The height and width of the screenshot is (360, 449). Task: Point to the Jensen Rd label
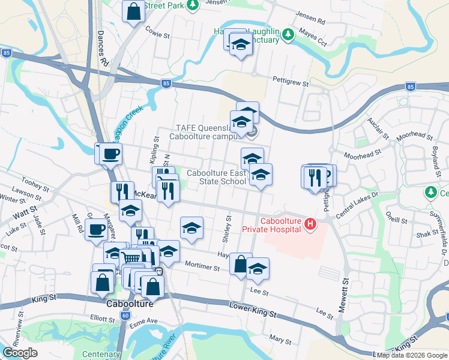[312, 21]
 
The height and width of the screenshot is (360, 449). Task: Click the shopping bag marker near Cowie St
[133, 11]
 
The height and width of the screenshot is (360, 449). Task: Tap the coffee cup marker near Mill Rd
[95, 229]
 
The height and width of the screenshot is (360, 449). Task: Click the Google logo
[20, 353]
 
